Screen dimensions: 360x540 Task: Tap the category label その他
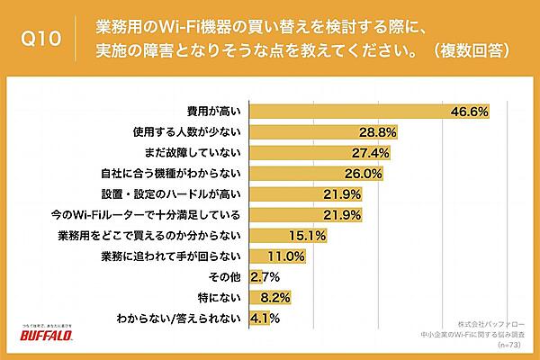224,276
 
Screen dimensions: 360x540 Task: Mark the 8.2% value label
274,297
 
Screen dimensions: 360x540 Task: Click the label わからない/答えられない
178,318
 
